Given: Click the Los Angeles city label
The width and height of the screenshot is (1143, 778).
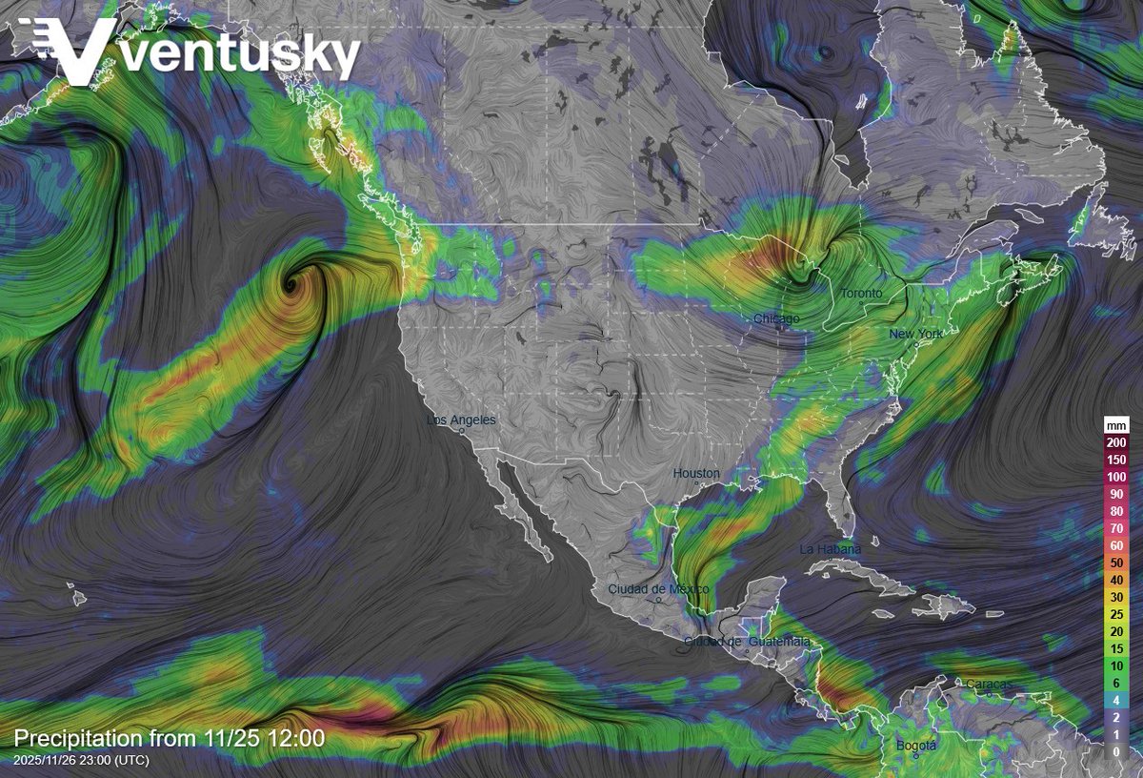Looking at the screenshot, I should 462,420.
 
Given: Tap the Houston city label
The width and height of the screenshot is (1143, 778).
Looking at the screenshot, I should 696,473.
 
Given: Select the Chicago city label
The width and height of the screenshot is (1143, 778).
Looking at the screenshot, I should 776,317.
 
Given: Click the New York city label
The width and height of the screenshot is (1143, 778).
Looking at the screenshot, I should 915,334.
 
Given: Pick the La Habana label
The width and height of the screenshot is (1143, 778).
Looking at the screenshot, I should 830,549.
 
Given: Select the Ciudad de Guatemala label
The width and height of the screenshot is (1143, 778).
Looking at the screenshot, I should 747,642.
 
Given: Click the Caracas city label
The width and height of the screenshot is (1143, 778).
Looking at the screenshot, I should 989,684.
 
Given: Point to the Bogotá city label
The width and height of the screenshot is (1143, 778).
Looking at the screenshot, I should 915,745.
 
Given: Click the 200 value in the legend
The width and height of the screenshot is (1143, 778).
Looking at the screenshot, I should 1116,442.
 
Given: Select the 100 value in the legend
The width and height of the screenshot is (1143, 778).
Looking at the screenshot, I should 1116,477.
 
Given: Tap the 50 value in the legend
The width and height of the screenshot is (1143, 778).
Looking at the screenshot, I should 1116,563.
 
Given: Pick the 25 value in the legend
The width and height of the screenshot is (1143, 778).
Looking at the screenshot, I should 1116,614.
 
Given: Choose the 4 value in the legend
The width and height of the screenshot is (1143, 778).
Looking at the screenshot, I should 1116,700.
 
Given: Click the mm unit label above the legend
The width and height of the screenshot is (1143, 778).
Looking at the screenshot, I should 1116,425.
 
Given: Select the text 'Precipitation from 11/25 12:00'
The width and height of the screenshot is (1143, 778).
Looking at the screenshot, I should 169,738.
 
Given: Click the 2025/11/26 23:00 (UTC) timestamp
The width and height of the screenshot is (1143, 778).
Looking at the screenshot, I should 82,760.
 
